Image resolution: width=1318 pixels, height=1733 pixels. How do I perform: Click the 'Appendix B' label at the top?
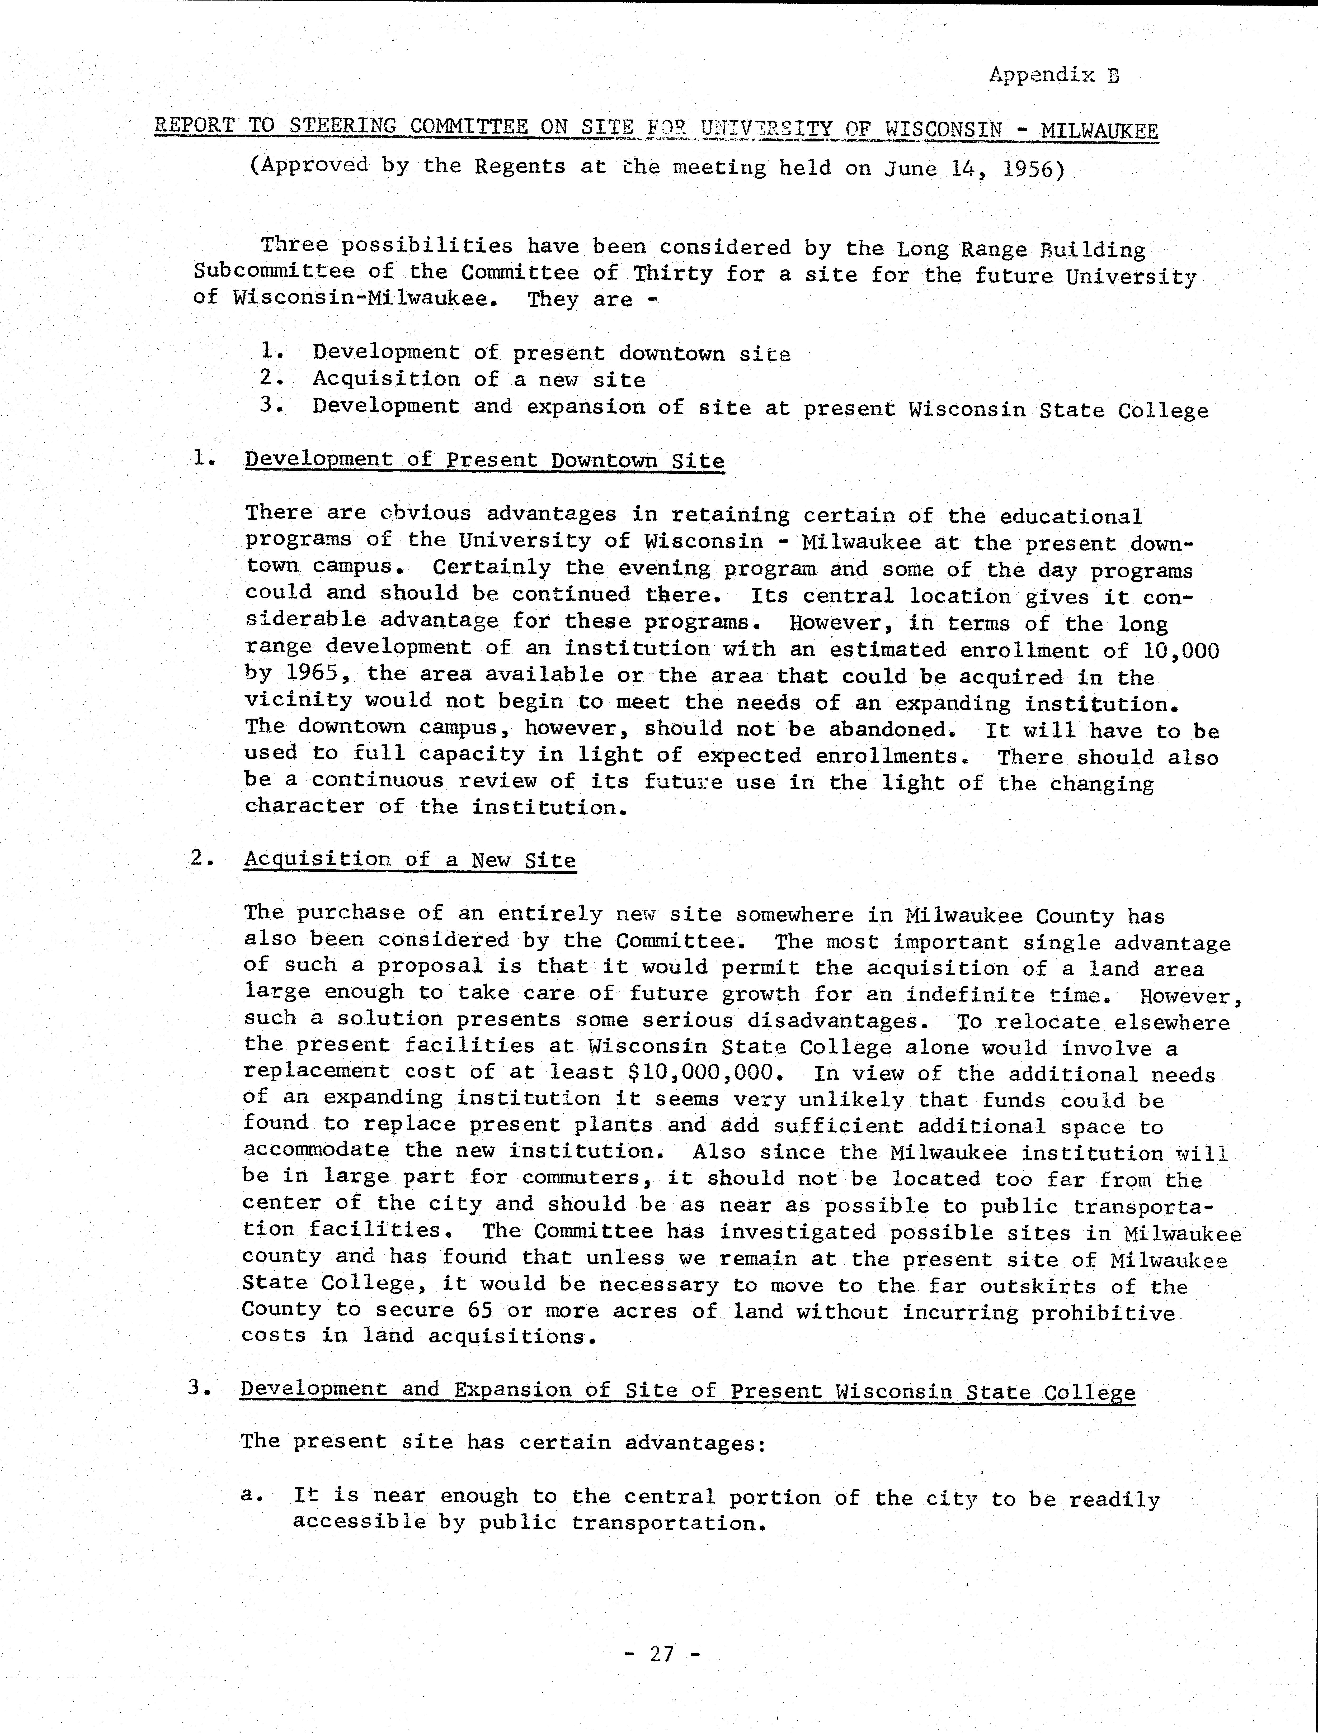(x=1054, y=75)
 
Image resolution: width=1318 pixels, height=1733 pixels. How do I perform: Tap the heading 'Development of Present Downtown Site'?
(x=484, y=460)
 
